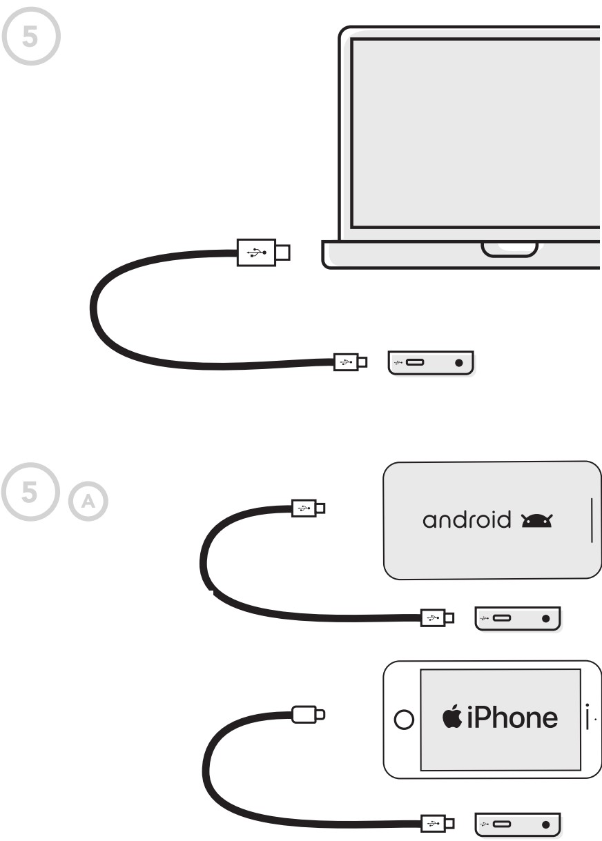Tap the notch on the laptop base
pyautogui.click(x=509, y=248)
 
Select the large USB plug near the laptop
pyautogui.click(x=257, y=253)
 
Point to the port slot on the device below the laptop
pyautogui.click(x=415, y=362)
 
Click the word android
pyautogui.click(x=467, y=520)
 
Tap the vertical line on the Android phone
pyautogui.click(x=592, y=520)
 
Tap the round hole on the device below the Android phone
pyautogui.click(x=545, y=619)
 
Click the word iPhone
pyautogui.click(x=512, y=718)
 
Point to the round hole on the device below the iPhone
pyautogui.click(x=545, y=824)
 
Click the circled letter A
pyautogui.click(x=88, y=502)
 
